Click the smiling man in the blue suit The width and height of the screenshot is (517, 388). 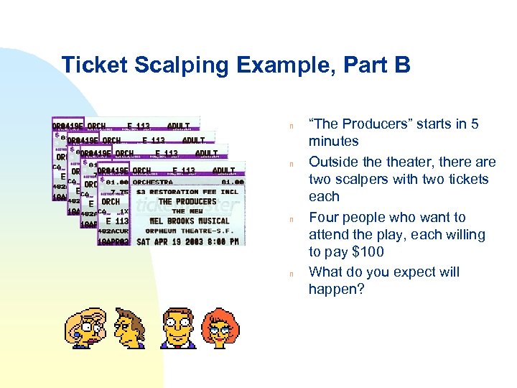tap(177, 328)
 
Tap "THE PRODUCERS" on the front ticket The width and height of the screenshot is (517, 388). tap(187, 202)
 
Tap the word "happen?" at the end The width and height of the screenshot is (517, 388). tap(336, 290)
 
